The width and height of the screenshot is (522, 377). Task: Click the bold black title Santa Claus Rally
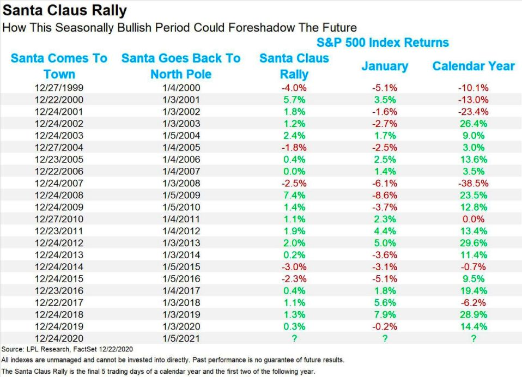pos(65,10)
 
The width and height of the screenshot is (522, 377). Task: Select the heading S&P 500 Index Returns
pos(383,42)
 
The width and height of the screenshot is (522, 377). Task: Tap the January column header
pos(385,66)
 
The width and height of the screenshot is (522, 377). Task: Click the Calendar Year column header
pos(474,66)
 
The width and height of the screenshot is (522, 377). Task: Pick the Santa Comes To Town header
pos(59,66)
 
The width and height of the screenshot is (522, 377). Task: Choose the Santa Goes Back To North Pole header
pos(181,66)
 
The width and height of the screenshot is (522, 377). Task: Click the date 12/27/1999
pos(59,88)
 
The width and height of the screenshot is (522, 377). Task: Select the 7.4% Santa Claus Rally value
pos(294,195)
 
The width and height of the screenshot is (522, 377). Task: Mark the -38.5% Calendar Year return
pos(474,183)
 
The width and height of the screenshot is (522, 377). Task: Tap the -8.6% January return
pos(385,195)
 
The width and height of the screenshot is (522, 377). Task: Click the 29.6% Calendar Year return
pos(474,242)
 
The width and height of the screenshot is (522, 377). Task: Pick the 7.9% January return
pos(385,314)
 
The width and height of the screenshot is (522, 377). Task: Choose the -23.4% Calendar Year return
pos(474,112)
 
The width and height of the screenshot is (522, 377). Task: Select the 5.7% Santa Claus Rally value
pos(294,100)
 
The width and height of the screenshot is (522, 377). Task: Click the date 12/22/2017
pos(59,302)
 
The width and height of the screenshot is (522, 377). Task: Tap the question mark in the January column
pos(385,338)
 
